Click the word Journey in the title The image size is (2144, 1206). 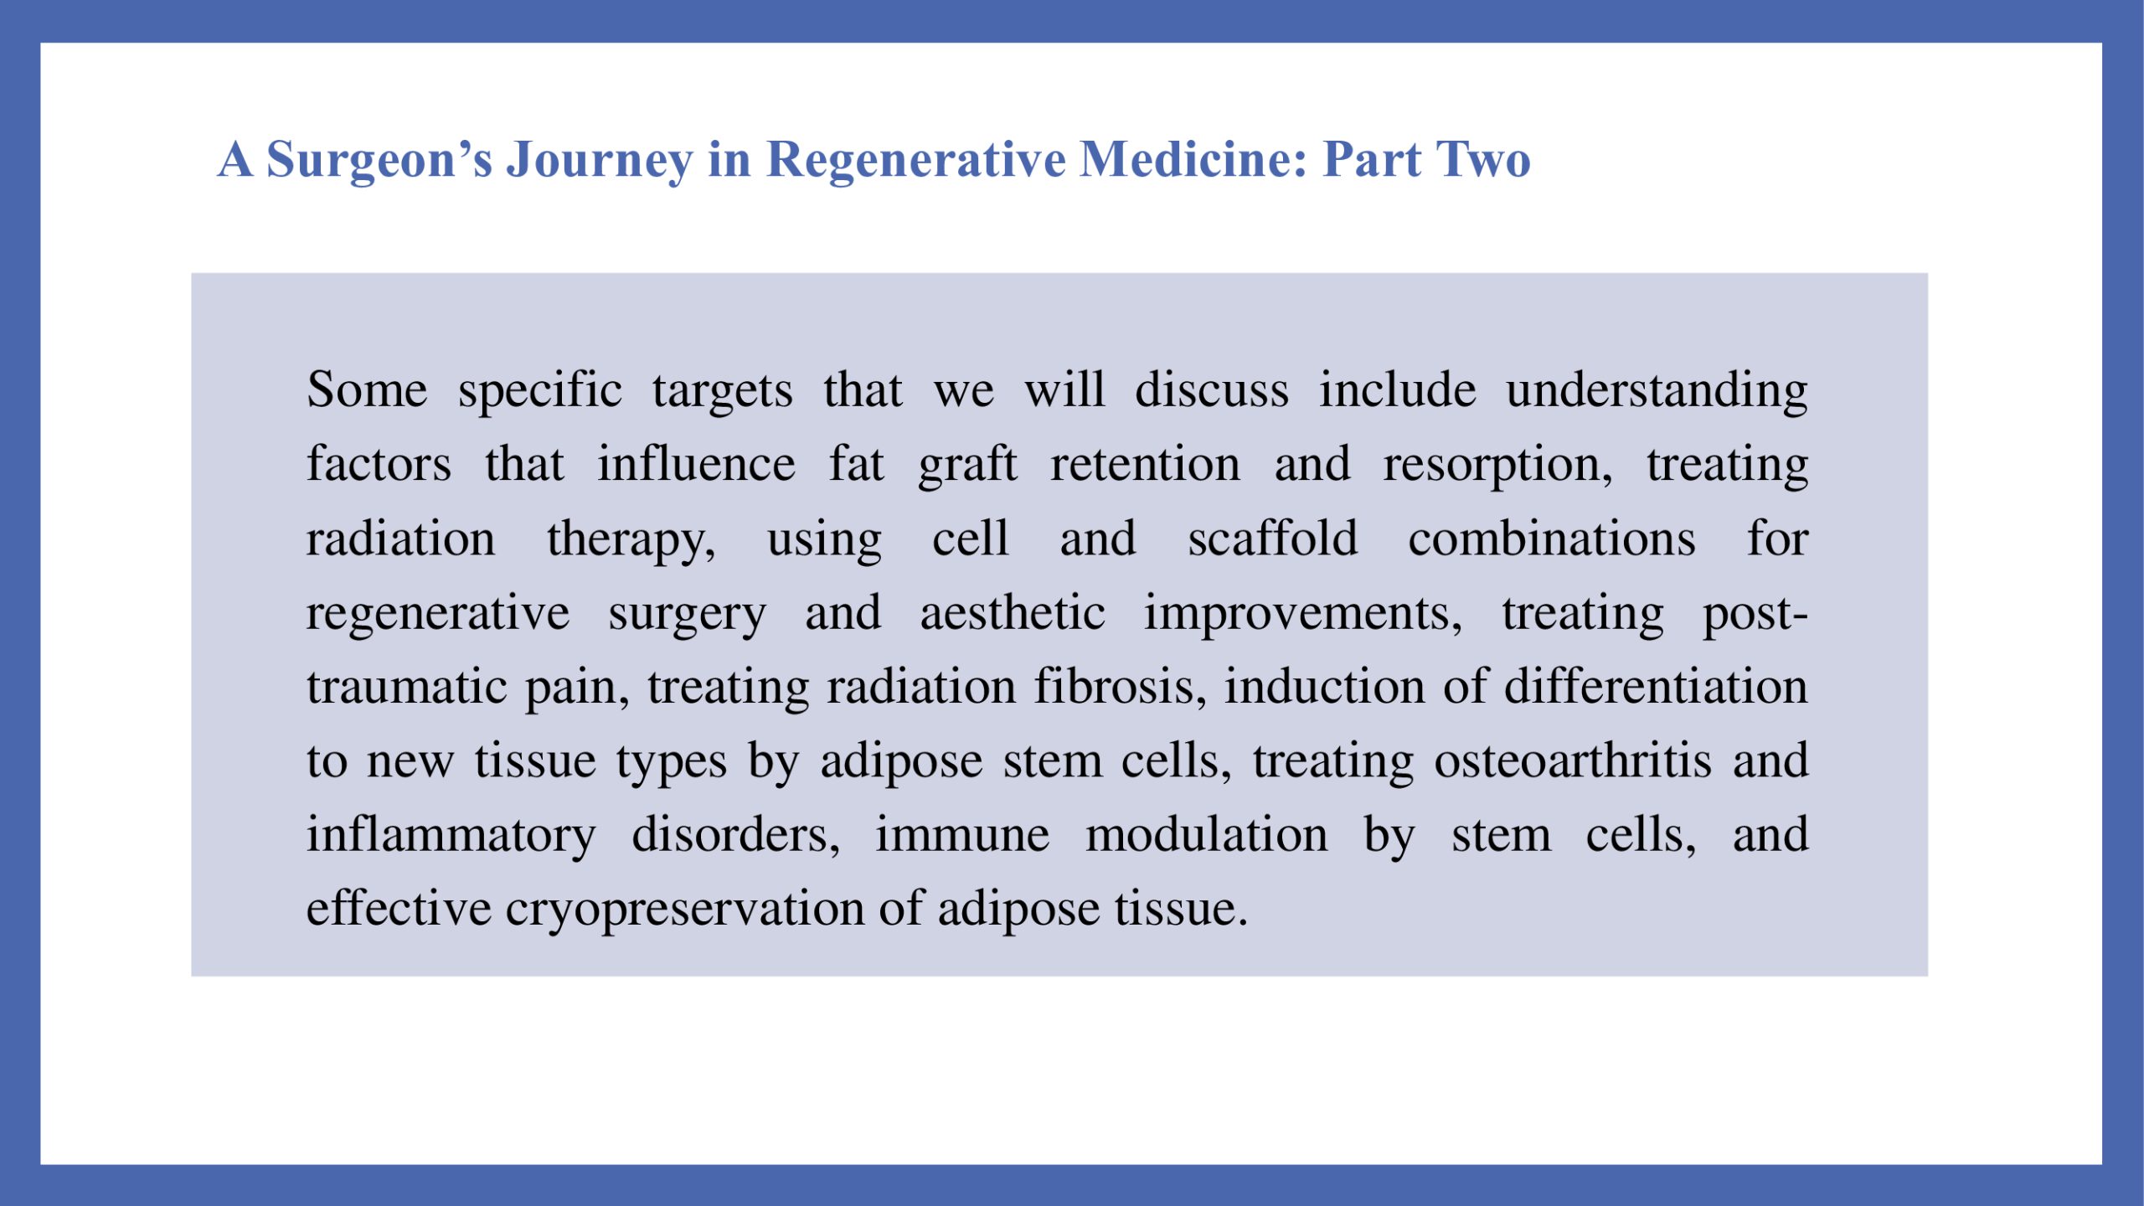coord(600,160)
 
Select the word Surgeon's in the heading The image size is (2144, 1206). coord(379,160)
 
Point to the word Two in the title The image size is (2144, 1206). coord(1483,159)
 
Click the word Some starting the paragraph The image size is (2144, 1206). coord(367,390)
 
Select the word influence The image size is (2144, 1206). coord(696,464)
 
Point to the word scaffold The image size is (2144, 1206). coord(1273,539)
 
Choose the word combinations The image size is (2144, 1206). coord(1552,539)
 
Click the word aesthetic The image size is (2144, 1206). coord(1013,613)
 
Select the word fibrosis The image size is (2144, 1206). coord(1120,688)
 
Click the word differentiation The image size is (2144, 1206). coord(1656,687)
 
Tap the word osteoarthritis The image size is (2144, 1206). coord(1573,761)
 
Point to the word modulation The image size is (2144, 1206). coord(1207,835)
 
